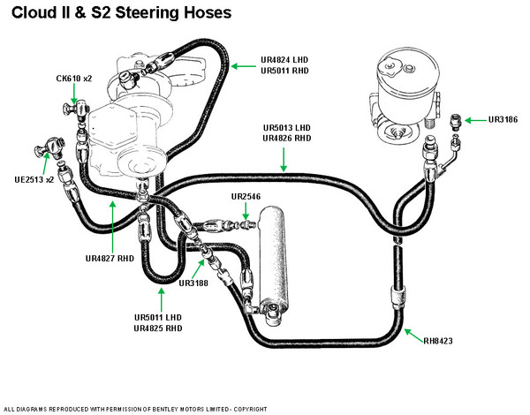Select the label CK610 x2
tap(74, 79)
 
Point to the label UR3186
tap(500, 119)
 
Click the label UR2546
tap(248, 196)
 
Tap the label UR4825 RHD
tap(158, 328)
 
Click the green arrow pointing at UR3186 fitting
tap(473, 119)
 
